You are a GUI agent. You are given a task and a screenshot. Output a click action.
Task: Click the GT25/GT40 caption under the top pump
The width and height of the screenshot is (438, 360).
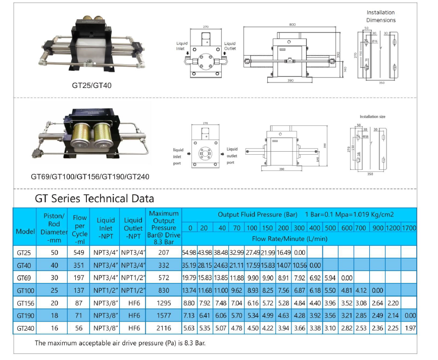pos(91,85)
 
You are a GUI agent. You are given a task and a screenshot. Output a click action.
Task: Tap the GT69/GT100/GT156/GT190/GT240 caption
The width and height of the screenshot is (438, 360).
pos(90,177)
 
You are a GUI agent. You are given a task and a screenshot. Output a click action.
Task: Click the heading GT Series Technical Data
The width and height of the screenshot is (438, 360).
pos(94,199)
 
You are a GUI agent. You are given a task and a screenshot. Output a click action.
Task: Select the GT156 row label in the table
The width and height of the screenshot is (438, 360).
pos(25,303)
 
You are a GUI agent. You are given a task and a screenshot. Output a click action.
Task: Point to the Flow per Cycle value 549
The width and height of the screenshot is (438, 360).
pos(80,251)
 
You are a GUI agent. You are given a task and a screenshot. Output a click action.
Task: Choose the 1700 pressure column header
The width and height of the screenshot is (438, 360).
pos(409,228)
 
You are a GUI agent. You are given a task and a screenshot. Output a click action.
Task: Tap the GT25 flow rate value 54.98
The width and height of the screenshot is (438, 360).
pos(190,252)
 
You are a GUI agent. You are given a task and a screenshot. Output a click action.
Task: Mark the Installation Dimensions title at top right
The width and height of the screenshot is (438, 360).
pos(381,16)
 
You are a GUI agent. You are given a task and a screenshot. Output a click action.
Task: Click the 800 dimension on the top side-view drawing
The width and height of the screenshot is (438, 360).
pos(293,24)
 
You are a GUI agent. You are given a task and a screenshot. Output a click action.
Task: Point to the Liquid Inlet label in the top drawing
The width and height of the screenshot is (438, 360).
pos(182,46)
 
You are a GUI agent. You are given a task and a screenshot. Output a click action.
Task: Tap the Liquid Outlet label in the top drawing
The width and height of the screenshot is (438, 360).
pos(230,46)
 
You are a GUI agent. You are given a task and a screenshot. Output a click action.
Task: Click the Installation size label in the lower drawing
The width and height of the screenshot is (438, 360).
pos(372,117)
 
